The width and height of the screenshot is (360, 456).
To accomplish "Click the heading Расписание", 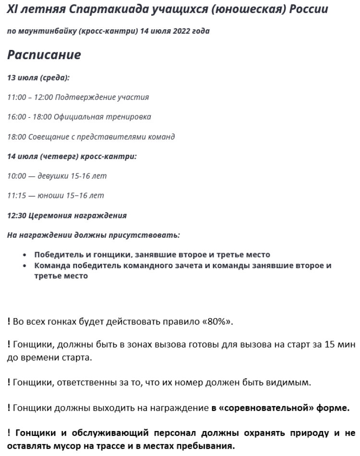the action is pyautogui.click(x=44, y=55).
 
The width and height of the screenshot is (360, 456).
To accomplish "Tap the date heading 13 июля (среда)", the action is pyautogui.click(x=38, y=77).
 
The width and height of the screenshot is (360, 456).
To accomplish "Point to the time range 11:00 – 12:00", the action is pyautogui.click(x=30, y=97).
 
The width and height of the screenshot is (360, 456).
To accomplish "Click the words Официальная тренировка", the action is pyautogui.click(x=103, y=117).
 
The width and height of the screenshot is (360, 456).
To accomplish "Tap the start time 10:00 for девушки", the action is pyautogui.click(x=16, y=176).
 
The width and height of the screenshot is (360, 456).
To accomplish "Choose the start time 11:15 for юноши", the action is pyautogui.click(x=16, y=196).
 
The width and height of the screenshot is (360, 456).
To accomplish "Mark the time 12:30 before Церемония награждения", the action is pyautogui.click(x=16, y=215).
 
